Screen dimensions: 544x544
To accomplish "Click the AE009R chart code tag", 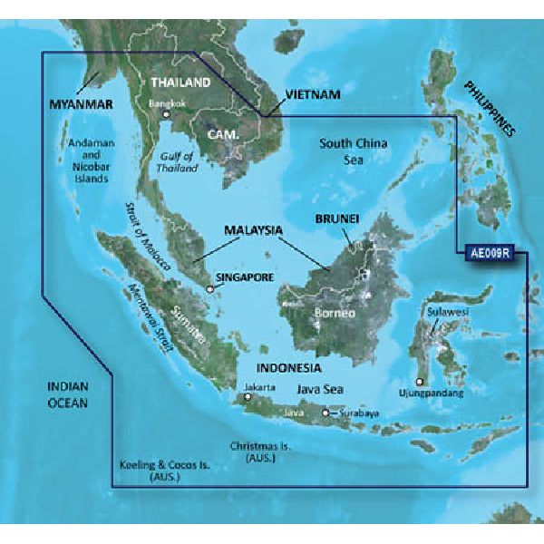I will click(491, 255).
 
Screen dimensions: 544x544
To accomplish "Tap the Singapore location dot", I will click(210, 289).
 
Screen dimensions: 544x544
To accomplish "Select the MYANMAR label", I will click(80, 105).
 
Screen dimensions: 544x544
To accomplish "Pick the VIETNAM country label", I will click(312, 94).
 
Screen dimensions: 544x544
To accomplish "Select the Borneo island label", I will click(331, 315).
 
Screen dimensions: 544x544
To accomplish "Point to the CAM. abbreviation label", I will click(224, 135).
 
